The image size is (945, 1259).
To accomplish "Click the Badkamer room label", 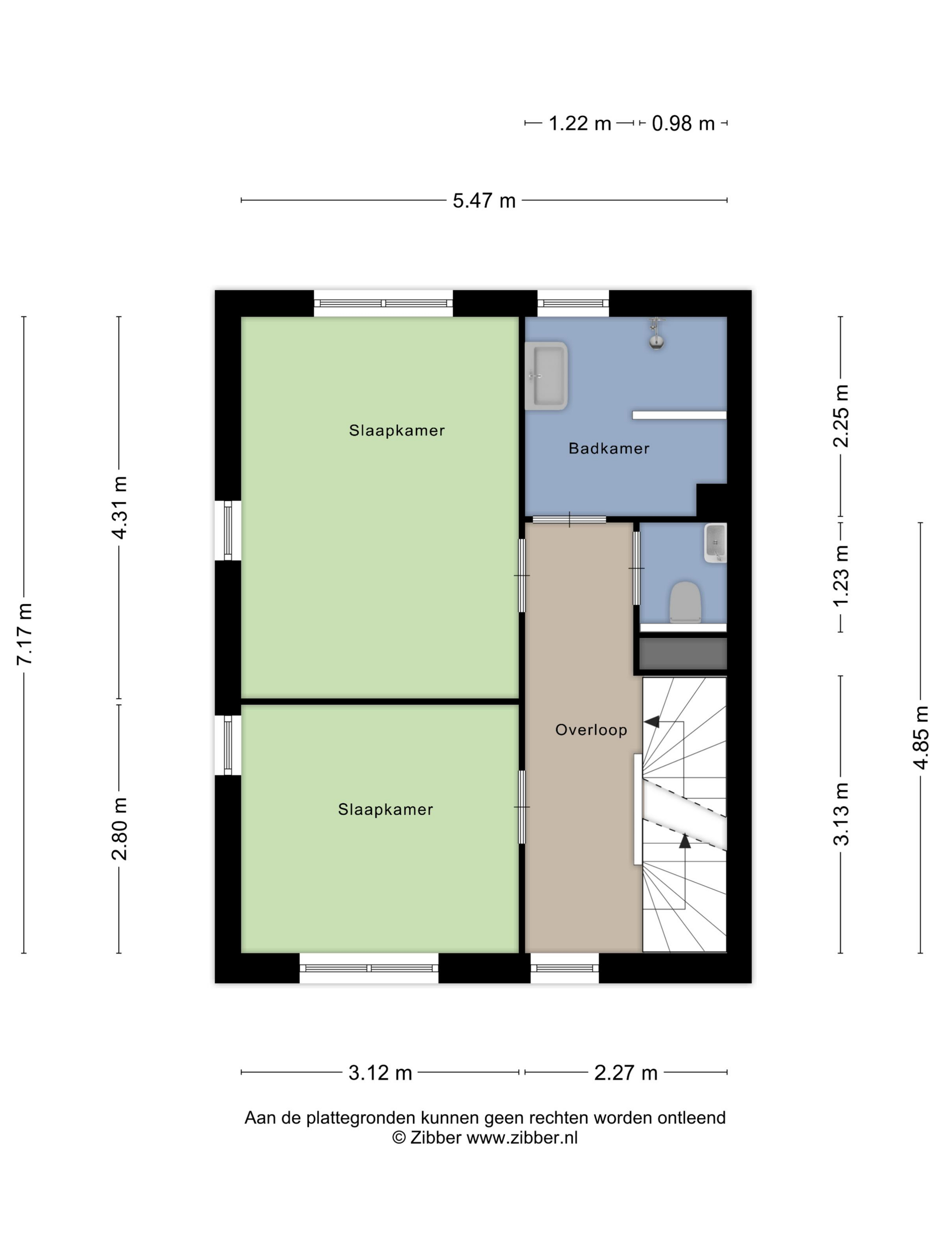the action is tap(608, 448).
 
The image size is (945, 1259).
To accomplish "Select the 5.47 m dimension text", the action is tap(484, 201).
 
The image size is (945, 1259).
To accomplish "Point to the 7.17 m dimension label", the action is tap(24, 634).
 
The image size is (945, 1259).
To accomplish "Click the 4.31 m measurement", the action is tap(120, 507).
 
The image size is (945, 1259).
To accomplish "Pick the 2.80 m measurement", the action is tap(120, 828).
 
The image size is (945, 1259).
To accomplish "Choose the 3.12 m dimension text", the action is tap(380, 1072).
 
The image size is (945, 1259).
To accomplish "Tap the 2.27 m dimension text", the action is tap(625, 1072).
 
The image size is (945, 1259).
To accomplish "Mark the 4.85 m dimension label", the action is tap(921, 738).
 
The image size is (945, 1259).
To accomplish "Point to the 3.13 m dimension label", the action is tap(841, 814).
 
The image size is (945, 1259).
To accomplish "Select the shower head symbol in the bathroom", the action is tap(657, 334).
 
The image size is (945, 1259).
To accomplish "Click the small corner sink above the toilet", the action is tap(715, 543).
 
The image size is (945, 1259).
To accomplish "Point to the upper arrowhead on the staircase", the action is tap(652, 722).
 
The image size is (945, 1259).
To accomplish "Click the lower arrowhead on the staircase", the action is tap(685, 841).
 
